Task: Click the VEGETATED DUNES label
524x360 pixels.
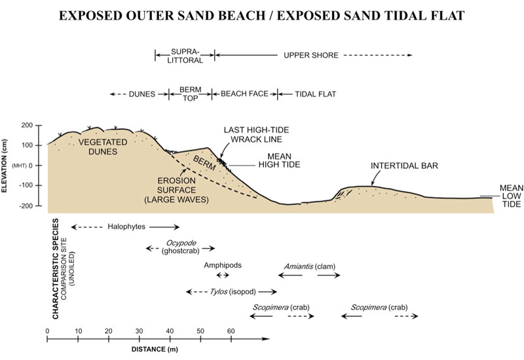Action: (x=103, y=147)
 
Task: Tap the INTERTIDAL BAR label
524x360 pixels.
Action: (x=404, y=166)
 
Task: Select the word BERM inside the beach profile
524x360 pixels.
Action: (x=204, y=162)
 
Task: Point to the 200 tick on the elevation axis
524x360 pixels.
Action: (x=27, y=126)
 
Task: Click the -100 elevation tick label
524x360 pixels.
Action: (x=26, y=185)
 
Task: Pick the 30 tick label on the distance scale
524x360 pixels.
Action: (x=139, y=331)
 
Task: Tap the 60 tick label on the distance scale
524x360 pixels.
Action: (x=231, y=331)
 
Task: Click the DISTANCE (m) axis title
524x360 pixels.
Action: (x=155, y=350)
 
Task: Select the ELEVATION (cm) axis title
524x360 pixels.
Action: (x=5, y=166)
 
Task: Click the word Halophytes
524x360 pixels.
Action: (x=126, y=226)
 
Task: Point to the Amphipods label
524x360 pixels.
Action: (x=223, y=265)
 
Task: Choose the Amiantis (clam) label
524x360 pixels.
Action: (x=309, y=266)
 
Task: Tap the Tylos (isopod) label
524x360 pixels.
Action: (x=233, y=291)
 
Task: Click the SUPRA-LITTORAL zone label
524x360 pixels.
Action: (x=185, y=56)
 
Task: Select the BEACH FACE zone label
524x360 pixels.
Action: (x=244, y=94)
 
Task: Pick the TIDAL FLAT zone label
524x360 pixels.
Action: (x=315, y=94)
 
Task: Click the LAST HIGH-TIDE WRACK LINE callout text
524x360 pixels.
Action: (x=256, y=135)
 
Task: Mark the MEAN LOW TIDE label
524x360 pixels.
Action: (x=512, y=196)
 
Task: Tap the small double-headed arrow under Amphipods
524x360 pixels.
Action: (x=223, y=275)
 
